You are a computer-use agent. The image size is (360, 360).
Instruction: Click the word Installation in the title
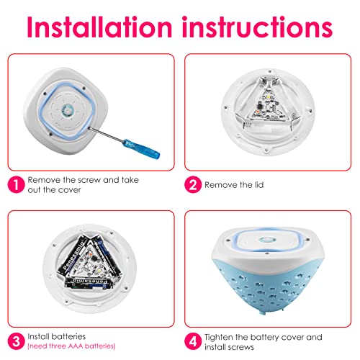[99, 27]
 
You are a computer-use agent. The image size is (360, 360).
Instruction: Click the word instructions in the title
[257, 27]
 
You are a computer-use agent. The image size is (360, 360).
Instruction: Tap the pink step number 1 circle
[16, 184]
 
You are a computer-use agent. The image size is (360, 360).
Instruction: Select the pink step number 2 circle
[193, 184]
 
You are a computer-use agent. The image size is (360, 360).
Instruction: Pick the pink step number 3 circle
[16, 341]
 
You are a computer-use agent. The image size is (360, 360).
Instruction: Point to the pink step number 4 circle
[193, 341]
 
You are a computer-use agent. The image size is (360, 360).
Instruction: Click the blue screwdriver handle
[141, 149]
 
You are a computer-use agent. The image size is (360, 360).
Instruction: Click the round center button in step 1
[67, 110]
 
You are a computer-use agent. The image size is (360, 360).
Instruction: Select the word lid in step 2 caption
[258, 185]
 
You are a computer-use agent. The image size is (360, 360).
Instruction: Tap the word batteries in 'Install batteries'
[70, 336]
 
